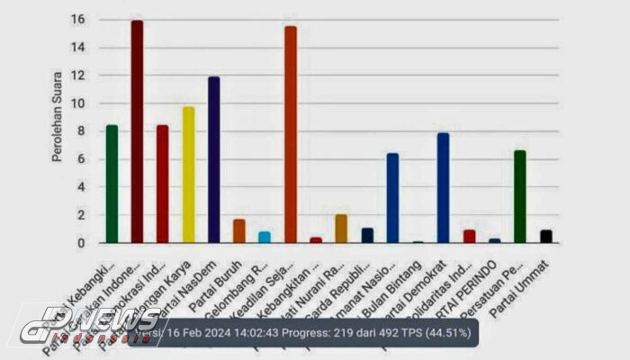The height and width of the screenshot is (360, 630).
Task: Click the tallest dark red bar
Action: coord(137,131)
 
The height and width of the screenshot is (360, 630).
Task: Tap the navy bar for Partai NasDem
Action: coord(213,160)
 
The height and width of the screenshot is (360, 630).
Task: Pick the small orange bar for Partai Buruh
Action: coord(238,231)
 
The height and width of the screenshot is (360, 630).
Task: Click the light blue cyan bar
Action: coord(265,238)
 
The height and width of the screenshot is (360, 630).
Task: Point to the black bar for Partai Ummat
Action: coord(546,237)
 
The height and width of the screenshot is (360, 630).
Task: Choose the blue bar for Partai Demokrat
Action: coord(443,188)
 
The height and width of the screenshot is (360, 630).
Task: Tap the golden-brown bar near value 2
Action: coord(341,229)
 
